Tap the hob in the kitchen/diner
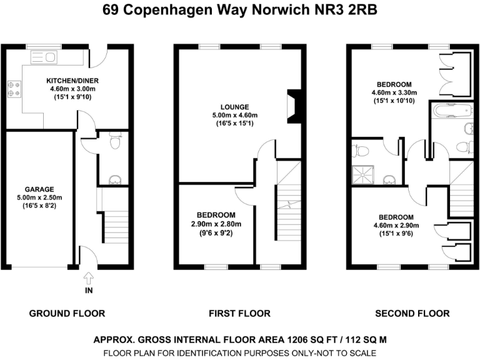[14, 89]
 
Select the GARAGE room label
[39, 189]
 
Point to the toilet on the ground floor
[114, 142]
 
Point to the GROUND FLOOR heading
[67, 313]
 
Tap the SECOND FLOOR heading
[412, 313]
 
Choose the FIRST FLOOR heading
[240, 313]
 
